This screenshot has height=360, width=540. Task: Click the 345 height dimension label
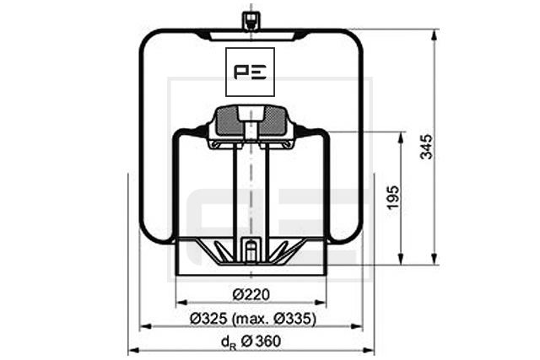point(426,147)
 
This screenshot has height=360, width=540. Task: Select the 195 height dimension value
point(393,197)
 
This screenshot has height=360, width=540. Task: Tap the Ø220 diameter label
point(251,294)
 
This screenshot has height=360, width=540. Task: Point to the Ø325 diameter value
point(208,319)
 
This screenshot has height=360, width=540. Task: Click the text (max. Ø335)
point(274,319)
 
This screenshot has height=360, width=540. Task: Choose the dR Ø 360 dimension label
point(251,341)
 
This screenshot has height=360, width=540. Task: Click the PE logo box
point(250,72)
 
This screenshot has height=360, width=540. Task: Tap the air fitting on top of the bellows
point(251,21)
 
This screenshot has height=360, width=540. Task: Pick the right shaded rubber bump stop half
point(273,121)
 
